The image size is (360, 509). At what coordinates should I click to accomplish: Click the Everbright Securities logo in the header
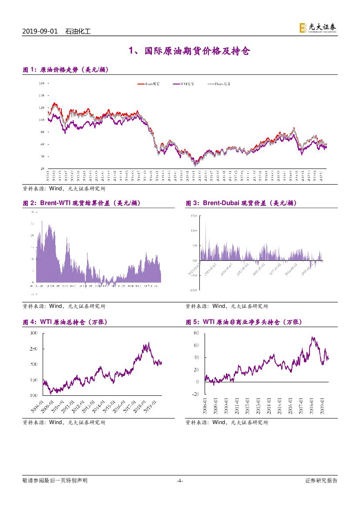pos(317,28)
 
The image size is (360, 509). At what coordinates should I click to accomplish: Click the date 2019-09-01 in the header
pos(40,32)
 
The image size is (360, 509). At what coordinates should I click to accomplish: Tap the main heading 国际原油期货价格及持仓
pos(189,51)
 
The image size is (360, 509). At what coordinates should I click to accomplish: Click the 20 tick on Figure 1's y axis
pos(42,168)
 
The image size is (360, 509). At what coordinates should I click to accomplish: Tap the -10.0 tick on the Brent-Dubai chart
pos(194,290)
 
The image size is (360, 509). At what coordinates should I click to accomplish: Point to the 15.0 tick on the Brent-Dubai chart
pos(194,216)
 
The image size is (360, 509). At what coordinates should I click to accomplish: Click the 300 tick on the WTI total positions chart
pos(34,333)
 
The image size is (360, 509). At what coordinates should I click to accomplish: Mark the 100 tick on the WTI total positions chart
pos(34,395)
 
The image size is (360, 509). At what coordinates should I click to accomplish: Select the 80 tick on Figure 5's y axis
pos(196,333)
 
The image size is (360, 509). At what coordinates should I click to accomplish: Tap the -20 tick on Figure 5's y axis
pos(195,394)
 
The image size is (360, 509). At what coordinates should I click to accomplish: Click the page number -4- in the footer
pos(180,481)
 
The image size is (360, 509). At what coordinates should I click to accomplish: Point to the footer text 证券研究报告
pos(321,481)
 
